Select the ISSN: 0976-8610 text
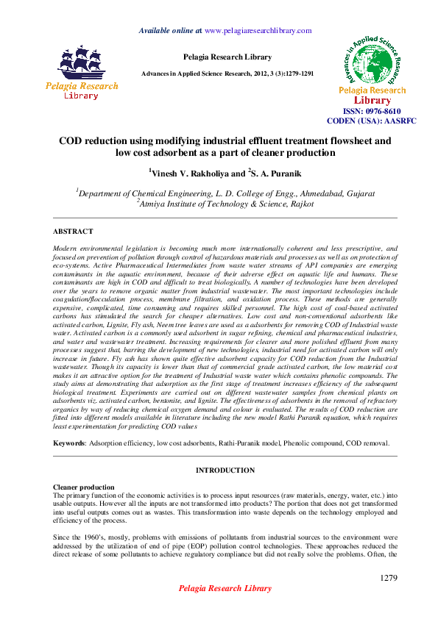pos(372,110)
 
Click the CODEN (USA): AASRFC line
pos(372,120)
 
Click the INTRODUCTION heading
pos(225,469)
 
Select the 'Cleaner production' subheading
pos(84,487)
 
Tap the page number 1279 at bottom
pos(389,579)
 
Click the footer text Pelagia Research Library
pos(225,589)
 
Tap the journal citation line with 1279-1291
pos(228,74)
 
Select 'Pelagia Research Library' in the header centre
pos(227,57)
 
